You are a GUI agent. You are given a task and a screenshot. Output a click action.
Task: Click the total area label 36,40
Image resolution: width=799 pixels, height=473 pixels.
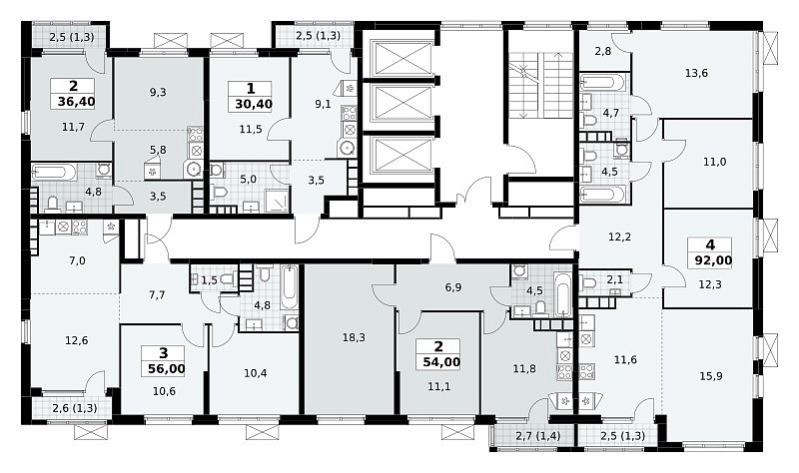coord(77,102)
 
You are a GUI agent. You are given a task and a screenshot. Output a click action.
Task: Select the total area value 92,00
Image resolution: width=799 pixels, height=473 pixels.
coord(713,260)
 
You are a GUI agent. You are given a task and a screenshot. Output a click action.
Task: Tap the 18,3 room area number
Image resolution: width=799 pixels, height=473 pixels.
coord(355,337)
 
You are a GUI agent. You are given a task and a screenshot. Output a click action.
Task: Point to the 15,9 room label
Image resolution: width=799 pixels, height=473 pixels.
coord(711,376)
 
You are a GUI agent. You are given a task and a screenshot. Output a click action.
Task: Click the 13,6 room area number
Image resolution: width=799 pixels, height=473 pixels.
coord(696,73)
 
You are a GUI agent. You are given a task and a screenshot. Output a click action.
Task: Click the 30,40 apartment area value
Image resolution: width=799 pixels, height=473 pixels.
coord(254,105)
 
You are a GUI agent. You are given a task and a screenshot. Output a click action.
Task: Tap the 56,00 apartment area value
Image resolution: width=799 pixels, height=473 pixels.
coord(167,368)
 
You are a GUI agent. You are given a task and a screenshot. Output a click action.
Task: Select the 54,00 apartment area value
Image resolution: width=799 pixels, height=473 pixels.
coord(441,362)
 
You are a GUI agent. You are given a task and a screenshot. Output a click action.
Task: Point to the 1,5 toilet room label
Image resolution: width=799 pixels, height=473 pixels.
coord(209,279)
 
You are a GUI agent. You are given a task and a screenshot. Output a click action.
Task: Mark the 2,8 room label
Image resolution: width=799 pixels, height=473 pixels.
coord(603,51)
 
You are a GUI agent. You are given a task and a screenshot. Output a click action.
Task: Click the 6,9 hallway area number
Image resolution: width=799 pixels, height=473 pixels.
coord(453,287)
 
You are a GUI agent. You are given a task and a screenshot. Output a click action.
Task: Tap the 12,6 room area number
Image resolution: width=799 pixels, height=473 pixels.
coord(77,340)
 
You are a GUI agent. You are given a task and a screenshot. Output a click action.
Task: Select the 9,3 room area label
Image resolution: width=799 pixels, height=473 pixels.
coord(158,92)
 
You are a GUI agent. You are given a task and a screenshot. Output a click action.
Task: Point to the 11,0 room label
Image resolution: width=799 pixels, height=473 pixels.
coord(715,162)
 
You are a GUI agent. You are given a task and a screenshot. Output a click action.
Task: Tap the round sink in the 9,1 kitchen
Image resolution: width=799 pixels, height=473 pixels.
coord(347,148)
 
